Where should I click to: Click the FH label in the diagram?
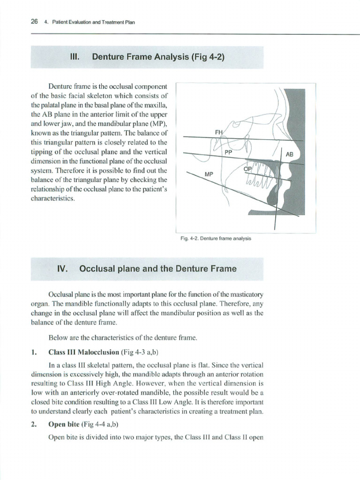coord(218,132)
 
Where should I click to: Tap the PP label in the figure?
coord(228,152)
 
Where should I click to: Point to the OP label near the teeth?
coord(248,169)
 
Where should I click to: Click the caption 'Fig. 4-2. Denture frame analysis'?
coord(216,238)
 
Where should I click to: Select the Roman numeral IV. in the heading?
coord(62,269)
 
